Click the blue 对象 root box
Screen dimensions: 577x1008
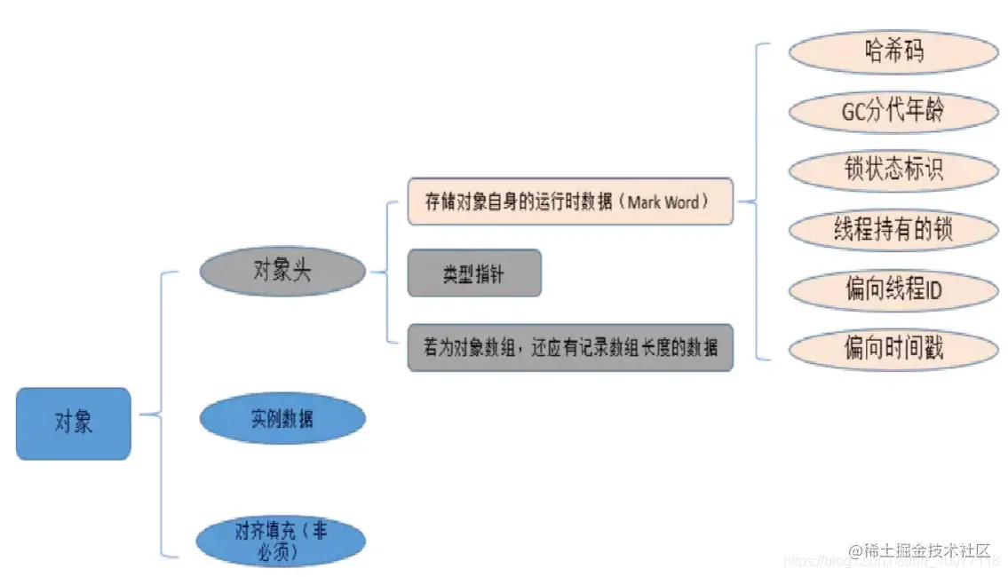tap(73, 423)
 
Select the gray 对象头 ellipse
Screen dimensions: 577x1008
tap(282, 272)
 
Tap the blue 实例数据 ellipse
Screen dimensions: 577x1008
tap(282, 418)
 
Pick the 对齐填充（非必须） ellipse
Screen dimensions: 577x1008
tap(282, 541)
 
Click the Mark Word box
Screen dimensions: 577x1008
tap(569, 202)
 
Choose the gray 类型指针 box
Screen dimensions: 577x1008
tap(474, 273)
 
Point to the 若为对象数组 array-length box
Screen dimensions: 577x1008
tap(569, 348)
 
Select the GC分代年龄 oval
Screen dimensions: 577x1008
tap(893, 112)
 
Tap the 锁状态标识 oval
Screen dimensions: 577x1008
tap(893, 170)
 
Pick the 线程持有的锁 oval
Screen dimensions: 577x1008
tap(893, 230)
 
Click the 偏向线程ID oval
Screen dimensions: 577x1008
tap(893, 289)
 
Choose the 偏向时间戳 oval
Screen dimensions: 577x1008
tap(893, 349)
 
